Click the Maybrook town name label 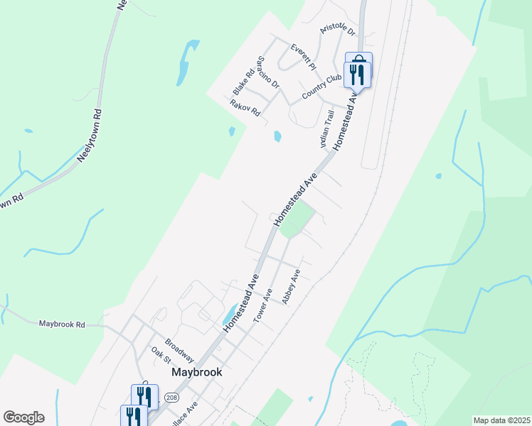click(197, 372)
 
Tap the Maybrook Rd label click(62, 324)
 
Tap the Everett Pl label click(302, 56)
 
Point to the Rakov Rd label click(245, 108)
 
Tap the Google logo click(23, 417)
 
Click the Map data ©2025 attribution click(501, 420)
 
